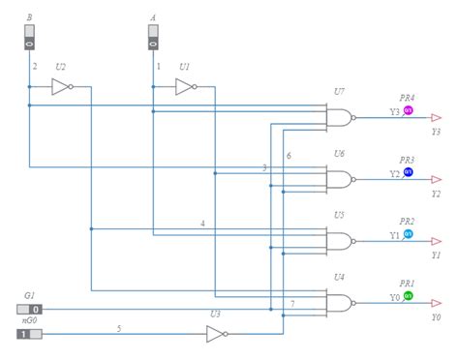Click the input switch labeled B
click(29, 38)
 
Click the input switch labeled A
click(153, 38)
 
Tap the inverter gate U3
click(216, 335)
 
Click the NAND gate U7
click(340, 117)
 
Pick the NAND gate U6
click(340, 179)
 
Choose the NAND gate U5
click(340, 241)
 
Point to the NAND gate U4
click(340, 303)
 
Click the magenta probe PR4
click(408, 110)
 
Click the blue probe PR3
click(408, 172)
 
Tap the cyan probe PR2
click(408, 234)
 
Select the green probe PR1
click(408, 296)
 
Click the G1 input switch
click(30, 310)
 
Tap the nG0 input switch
click(29, 335)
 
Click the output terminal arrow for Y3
click(437, 117)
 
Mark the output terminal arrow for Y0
click(437, 303)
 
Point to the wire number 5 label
click(119, 328)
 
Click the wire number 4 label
click(202, 224)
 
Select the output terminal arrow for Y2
click(437, 179)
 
